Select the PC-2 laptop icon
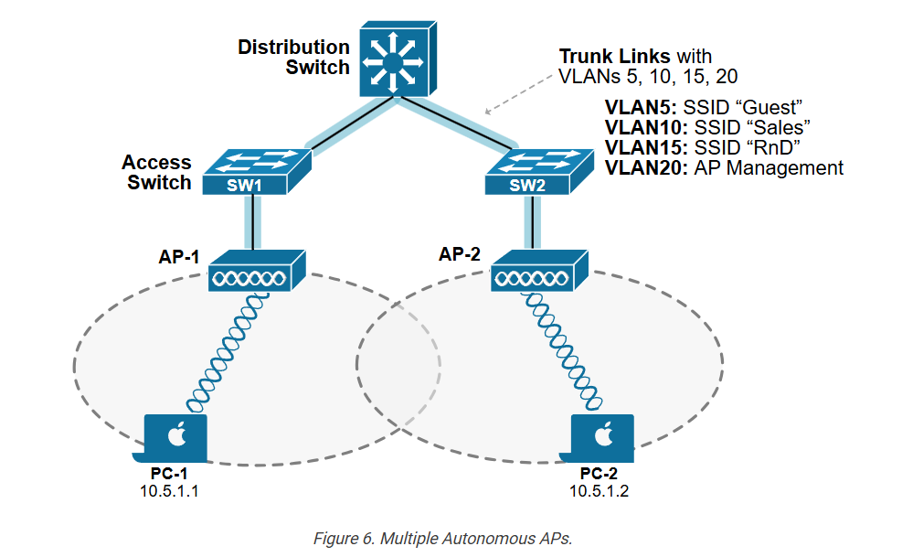602,440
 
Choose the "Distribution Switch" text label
293,57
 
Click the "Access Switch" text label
156,172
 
